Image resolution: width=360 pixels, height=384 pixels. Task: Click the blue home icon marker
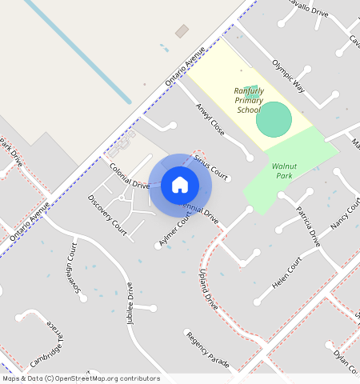point(180,185)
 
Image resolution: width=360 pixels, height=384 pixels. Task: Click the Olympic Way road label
point(288,75)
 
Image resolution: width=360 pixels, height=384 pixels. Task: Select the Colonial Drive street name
point(130,175)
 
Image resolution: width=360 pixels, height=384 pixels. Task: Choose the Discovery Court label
point(107,214)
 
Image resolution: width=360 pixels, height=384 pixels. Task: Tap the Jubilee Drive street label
point(130,300)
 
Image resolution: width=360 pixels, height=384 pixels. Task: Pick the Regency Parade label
point(207,350)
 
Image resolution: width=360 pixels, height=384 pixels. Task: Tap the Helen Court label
point(288,273)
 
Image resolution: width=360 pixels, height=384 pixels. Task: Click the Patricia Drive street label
point(308,226)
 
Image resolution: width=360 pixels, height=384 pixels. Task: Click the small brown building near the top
point(182,31)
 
